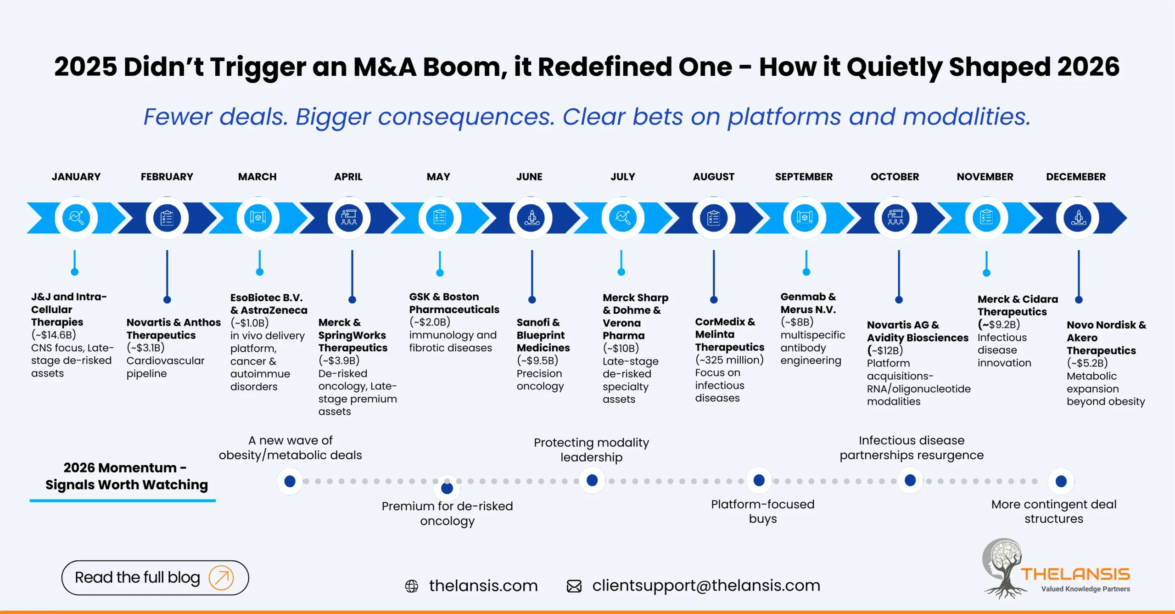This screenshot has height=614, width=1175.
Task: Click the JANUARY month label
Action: click(x=76, y=177)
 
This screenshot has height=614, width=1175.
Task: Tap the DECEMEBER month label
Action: click(x=1075, y=177)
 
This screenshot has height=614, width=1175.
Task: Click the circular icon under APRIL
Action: click(x=349, y=218)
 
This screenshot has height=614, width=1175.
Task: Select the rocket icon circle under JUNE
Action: click(x=532, y=218)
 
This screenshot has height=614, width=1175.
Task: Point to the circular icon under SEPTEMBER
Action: click(x=805, y=218)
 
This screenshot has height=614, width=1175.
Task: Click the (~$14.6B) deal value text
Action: click(x=54, y=335)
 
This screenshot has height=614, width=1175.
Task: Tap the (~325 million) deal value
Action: click(x=729, y=360)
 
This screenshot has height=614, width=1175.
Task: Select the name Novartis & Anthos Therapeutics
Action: click(x=173, y=329)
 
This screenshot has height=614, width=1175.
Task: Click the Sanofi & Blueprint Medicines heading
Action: click(x=543, y=335)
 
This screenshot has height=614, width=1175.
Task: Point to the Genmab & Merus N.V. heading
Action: click(x=808, y=303)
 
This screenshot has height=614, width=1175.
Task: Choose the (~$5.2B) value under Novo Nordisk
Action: click(x=1087, y=363)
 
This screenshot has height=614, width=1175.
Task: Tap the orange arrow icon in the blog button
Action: click(x=221, y=577)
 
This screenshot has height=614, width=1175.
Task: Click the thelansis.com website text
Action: click(x=483, y=586)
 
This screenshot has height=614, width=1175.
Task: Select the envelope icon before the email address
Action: click(x=574, y=586)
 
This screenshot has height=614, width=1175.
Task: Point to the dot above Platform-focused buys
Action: click(x=759, y=480)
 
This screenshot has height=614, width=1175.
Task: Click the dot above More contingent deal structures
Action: click(x=1061, y=481)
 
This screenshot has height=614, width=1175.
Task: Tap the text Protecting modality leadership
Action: click(x=591, y=450)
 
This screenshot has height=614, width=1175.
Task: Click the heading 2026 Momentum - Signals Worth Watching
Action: click(x=126, y=476)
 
